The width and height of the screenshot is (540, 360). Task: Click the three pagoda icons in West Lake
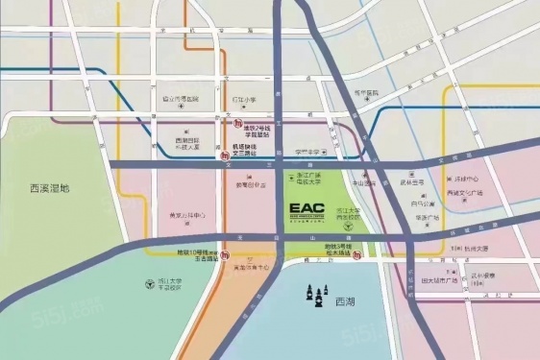click(317, 296)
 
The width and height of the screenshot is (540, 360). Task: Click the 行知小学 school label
click(242, 99)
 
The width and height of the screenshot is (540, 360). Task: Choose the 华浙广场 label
click(428, 217)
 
